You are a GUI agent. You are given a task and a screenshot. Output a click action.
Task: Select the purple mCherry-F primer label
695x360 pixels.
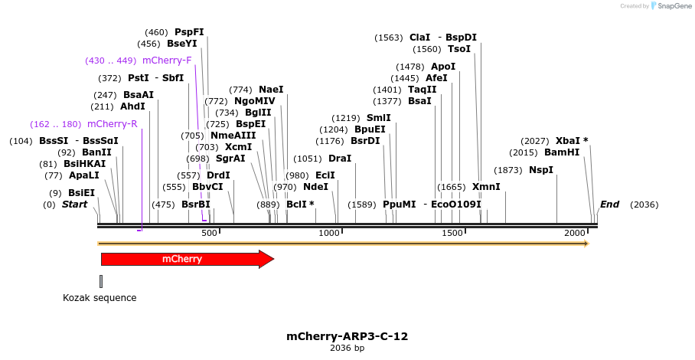pos(167,61)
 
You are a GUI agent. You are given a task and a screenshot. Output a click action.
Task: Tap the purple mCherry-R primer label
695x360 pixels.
pos(112,124)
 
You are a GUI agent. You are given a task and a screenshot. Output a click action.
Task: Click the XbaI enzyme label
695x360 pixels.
pos(569,141)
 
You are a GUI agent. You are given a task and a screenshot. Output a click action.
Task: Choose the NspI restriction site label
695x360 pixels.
pos(541,170)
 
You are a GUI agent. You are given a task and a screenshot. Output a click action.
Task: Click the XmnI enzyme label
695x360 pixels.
pos(486,187)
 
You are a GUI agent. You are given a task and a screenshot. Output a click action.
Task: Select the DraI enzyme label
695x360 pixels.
pos(340,159)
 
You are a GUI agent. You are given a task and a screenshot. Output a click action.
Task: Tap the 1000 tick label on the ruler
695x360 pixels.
pos(329,233)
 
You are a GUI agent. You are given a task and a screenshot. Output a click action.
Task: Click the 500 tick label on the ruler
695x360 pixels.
pos(209,233)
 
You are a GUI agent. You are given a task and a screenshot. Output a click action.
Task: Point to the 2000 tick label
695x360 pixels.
pos(575,233)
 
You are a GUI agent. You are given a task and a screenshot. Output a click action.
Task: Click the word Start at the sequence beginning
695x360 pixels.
pos(74,205)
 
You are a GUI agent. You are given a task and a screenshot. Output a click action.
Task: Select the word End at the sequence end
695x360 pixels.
pos(609,205)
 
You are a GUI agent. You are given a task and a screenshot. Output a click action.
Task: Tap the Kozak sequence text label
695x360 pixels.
pos(100,298)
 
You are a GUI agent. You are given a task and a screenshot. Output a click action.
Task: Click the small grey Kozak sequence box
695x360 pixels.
pos(101,281)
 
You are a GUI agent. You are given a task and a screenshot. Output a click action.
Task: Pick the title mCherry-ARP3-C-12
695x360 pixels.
pos(347,336)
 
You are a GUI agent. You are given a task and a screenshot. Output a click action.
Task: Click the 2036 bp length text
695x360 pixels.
pos(347,349)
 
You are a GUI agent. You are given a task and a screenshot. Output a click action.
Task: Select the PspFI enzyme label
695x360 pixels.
pos(189,32)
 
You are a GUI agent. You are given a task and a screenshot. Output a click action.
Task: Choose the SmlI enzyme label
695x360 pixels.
pos(378,118)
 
